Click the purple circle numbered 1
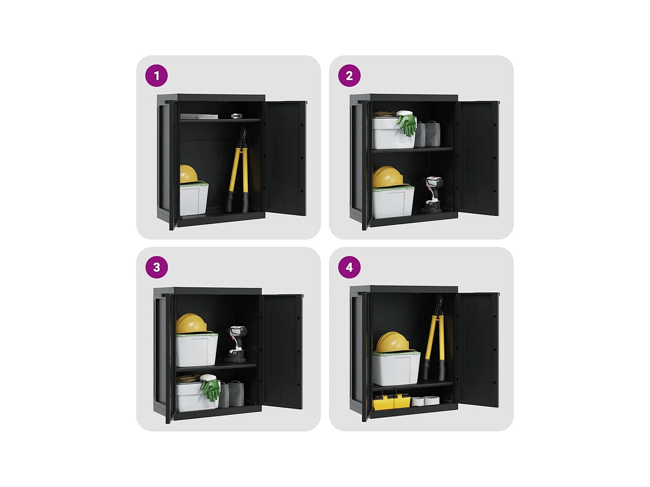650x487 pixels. (x=157, y=76)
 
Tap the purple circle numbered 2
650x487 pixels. (x=349, y=76)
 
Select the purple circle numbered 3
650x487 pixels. (x=157, y=267)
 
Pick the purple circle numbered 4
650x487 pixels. (x=349, y=267)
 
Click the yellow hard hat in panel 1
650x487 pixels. (x=188, y=174)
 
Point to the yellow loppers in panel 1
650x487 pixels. (x=238, y=170)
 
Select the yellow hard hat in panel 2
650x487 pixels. (x=387, y=177)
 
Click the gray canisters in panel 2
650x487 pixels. (x=427, y=134)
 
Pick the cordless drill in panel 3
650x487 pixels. (x=237, y=344)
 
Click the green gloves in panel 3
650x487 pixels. (x=210, y=388)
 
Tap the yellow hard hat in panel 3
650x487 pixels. (x=192, y=324)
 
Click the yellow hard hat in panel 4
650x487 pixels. (x=393, y=342)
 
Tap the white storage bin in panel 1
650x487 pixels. (x=194, y=199)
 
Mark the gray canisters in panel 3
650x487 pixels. (x=232, y=394)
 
